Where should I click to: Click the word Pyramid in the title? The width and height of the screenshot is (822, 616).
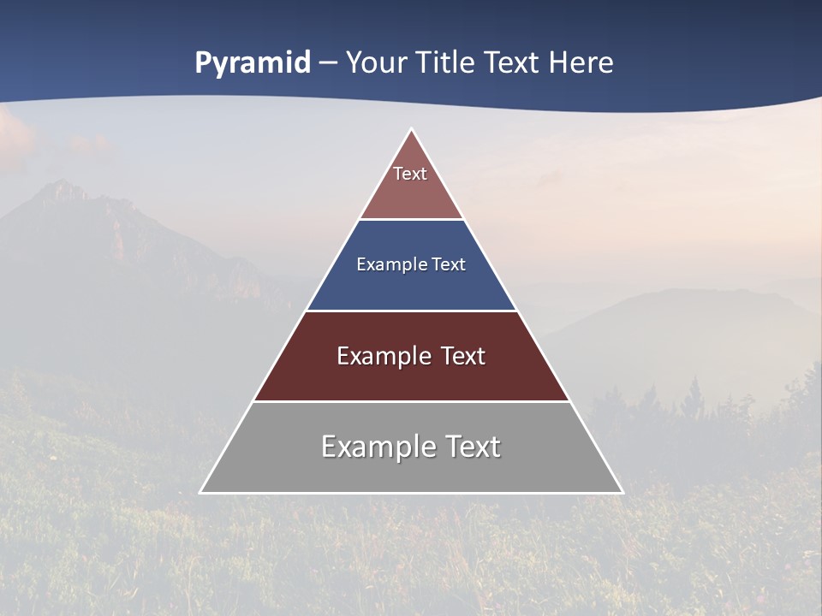point(253,63)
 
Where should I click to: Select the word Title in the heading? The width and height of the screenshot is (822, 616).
point(445,63)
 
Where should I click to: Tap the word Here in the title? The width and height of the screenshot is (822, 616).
point(581,63)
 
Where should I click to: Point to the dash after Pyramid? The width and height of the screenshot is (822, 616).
point(328,63)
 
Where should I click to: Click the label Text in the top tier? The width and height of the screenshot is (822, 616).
point(410,174)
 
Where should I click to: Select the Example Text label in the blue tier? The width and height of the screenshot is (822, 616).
point(411,264)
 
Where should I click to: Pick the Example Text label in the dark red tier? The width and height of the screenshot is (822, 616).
point(411,356)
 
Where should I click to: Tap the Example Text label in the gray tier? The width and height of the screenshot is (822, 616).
point(411,447)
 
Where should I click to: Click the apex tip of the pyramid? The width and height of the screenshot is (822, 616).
point(412,130)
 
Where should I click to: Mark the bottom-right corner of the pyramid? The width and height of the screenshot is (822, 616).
point(622,492)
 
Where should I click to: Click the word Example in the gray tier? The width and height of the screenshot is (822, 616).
point(377,447)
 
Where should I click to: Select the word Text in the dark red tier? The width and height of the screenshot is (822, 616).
point(463,356)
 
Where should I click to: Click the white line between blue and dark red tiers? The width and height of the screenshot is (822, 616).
point(411,311)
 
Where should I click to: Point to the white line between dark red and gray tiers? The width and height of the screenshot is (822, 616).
point(411,401)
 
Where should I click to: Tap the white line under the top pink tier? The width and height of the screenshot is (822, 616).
point(411,219)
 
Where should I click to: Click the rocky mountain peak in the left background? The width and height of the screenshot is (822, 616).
point(62,188)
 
